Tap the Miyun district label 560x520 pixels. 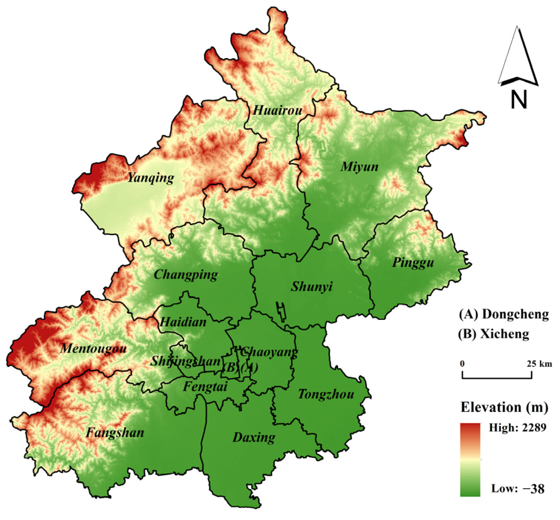point(360,167)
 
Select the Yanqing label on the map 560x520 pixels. point(151,178)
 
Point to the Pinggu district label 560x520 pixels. point(413,263)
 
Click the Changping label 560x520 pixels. point(186,275)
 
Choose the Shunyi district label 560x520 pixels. point(311,287)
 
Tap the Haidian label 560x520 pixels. point(183,322)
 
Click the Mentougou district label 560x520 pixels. point(94,348)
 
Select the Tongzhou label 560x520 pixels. point(326,394)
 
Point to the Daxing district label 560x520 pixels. point(254,437)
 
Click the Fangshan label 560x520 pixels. point(115,433)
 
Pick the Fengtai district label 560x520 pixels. point(205,386)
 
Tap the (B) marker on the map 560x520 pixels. point(230,367)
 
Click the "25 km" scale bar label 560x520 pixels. point(539,364)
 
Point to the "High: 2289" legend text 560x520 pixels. point(517,428)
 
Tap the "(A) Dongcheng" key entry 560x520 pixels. point(504,314)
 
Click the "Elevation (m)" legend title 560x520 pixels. point(504,407)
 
